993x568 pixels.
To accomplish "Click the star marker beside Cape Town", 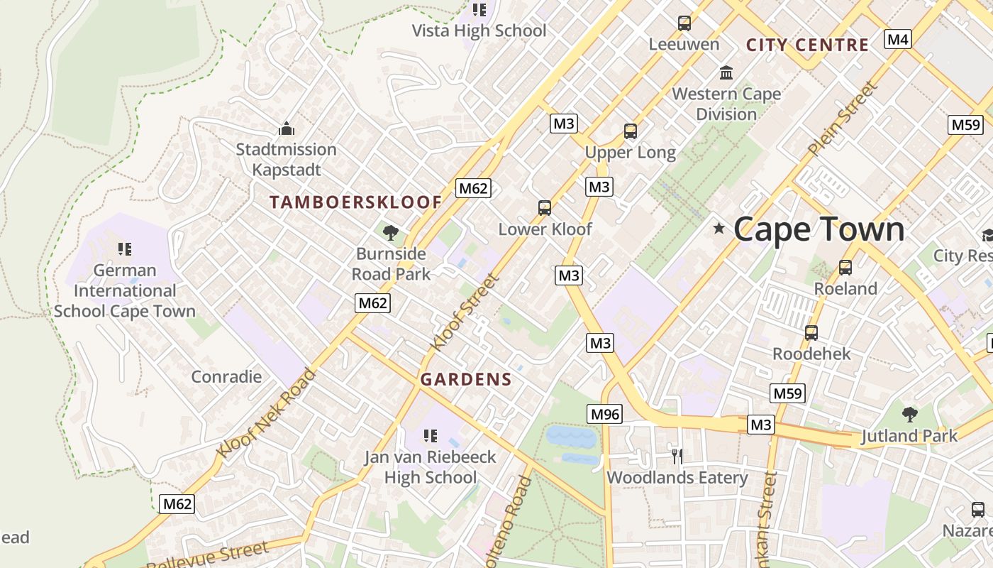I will [x=719, y=229].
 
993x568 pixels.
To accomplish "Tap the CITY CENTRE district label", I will [x=807, y=45].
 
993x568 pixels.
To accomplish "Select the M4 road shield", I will [x=898, y=39].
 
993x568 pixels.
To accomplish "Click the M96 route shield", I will [x=605, y=414].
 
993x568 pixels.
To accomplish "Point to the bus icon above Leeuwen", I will [x=684, y=23].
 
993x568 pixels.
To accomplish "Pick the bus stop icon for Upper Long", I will [x=631, y=131].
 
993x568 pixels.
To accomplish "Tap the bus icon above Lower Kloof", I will [x=545, y=208].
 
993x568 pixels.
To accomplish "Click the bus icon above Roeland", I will [x=845, y=268].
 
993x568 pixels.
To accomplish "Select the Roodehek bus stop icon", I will [x=811, y=332].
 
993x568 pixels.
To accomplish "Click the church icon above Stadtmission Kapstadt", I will [x=287, y=129].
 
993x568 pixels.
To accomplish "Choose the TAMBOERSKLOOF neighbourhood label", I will [x=355, y=202].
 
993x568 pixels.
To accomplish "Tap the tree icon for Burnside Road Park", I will [x=390, y=232].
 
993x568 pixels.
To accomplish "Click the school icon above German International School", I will [x=125, y=249].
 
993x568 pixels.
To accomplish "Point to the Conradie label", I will [x=226, y=376].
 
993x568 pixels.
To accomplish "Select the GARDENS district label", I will [x=466, y=380].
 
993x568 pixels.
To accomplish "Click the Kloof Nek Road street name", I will [x=267, y=413].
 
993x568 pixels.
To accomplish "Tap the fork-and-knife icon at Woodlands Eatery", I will [x=677, y=456].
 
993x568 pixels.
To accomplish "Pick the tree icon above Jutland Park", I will [x=909, y=415].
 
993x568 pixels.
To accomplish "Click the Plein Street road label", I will [x=843, y=119].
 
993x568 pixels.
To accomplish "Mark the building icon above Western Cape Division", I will [x=726, y=72].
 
